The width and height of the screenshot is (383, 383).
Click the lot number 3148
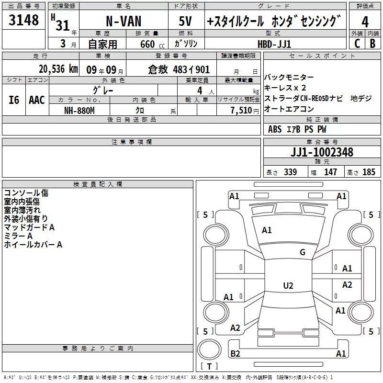pos(23,20)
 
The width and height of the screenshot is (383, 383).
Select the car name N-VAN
pos(124,21)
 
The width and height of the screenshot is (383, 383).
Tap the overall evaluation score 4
pos(365,22)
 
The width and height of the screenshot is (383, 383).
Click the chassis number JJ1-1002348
pos(322,152)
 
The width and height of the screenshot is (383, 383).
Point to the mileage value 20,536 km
pos(58,69)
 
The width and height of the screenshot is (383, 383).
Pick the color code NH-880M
pos(79,111)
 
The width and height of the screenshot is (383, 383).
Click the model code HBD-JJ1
pos(274,44)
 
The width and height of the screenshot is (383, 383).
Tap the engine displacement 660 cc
pos(152,44)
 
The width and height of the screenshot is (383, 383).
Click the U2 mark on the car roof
pos(288,285)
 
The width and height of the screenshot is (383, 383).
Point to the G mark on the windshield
pos(303,252)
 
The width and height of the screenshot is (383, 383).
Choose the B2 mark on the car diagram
pos(235,353)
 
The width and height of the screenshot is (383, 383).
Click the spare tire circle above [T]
pos(209,349)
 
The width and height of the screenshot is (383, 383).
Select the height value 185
pos(369,172)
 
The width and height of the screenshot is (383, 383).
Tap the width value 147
pos(330,172)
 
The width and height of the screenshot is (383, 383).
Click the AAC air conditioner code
pos(37,100)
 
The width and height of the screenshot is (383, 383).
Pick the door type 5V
pos(185,21)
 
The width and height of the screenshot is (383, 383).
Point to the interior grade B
pos(372,44)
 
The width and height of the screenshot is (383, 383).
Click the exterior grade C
pos(357,44)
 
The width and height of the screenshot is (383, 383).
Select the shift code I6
pos(14,100)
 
